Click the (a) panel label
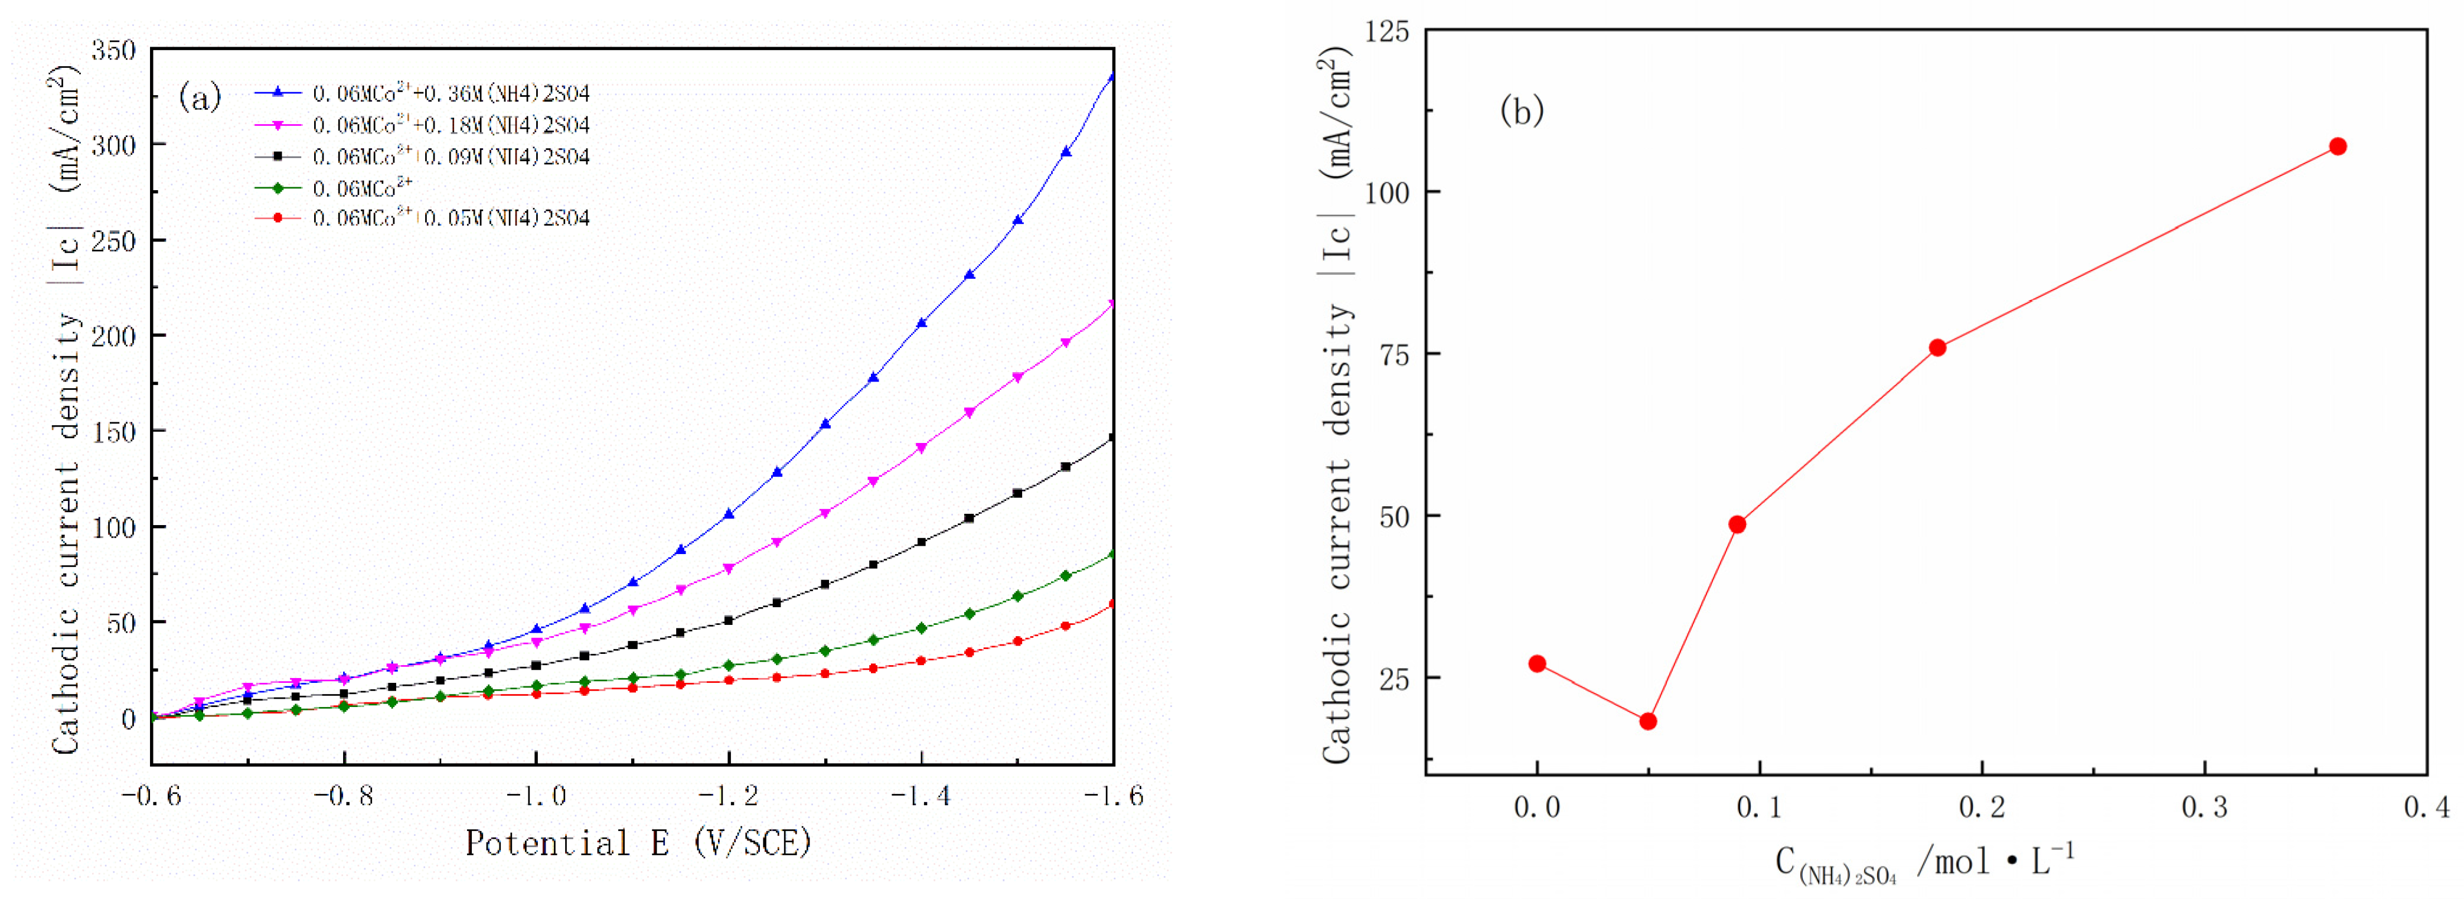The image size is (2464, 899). (x=200, y=97)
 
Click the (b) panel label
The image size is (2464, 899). (x=1522, y=111)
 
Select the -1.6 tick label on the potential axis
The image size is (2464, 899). (x=1112, y=796)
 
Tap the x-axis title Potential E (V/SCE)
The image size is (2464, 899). (x=638, y=842)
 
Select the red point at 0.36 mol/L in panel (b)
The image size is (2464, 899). (x=2338, y=146)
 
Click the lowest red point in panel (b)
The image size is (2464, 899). (x=1648, y=721)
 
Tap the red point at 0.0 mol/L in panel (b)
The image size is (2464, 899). (x=1537, y=664)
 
